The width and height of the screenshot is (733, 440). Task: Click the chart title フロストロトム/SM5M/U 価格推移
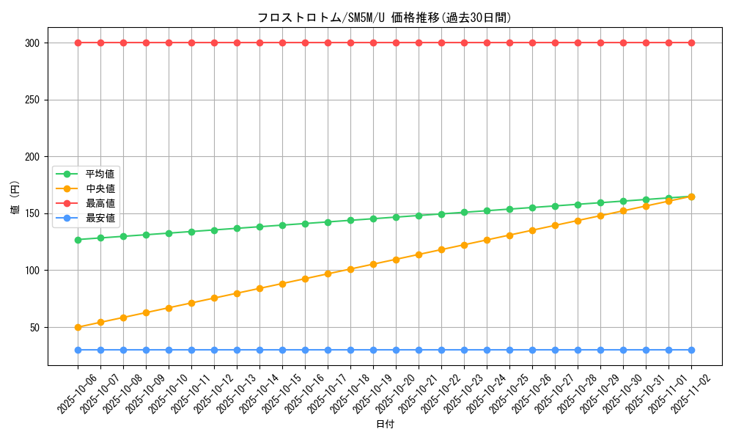coord(384,18)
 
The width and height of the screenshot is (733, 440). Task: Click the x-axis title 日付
coord(385,425)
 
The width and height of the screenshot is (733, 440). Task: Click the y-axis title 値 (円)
coord(15,198)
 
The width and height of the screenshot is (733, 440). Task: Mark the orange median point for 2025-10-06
coord(78,327)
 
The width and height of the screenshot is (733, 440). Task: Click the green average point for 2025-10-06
coord(78,240)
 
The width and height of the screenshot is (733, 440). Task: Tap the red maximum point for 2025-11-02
coord(691,43)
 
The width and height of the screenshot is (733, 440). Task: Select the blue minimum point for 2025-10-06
coord(78,350)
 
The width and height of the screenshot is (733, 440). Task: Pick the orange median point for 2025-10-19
coord(373,264)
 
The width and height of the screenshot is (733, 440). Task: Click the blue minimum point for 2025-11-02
coord(691,350)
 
